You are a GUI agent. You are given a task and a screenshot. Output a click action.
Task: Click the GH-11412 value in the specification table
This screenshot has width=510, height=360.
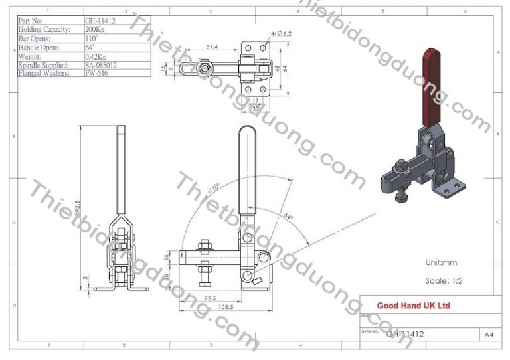click(101, 21)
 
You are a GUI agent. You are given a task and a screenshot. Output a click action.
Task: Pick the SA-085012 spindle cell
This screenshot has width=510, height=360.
click(103, 66)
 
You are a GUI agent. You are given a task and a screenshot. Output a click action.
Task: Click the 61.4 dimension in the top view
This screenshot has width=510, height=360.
click(212, 47)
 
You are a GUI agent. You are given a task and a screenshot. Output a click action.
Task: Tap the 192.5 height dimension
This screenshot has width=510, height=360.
click(78, 199)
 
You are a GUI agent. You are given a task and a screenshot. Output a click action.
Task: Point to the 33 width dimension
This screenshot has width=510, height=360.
click(255, 107)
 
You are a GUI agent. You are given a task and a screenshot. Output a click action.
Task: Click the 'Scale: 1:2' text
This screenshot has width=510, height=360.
click(443, 281)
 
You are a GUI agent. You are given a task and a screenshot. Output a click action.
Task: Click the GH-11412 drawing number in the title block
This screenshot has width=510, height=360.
click(404, 335)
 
